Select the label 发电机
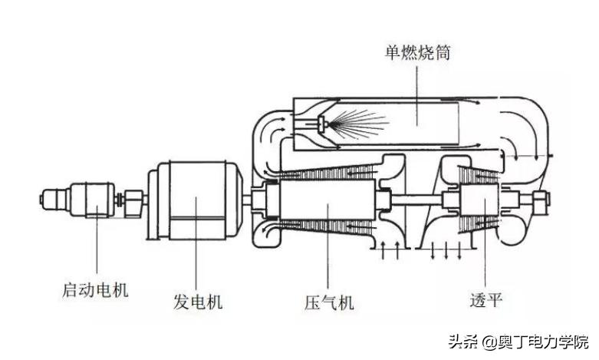(197, 302)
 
